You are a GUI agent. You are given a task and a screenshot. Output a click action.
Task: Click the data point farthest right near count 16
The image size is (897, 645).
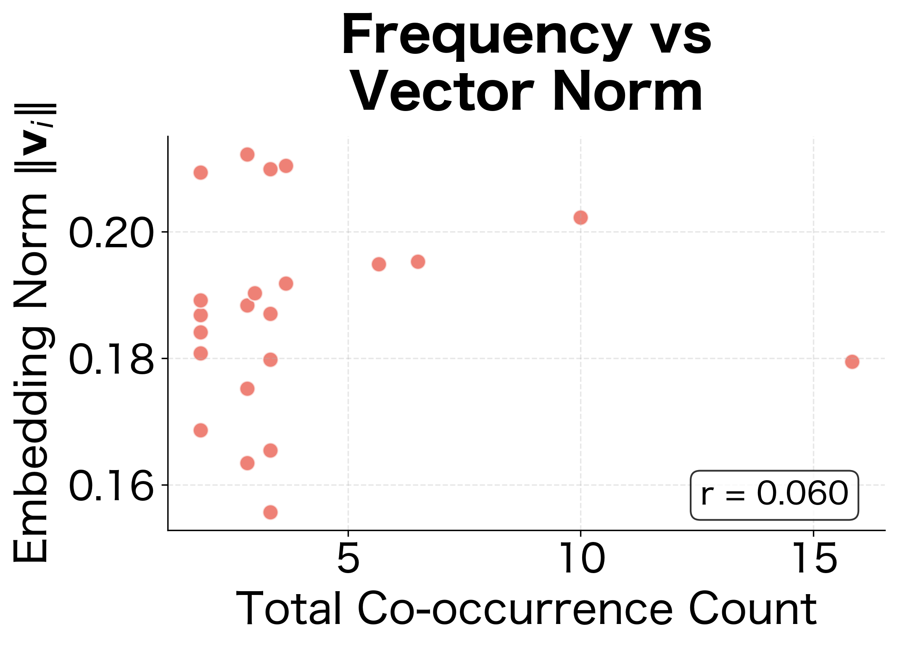[852, 362]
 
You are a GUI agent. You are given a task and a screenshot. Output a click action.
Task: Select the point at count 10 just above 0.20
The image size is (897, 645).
[580, 217]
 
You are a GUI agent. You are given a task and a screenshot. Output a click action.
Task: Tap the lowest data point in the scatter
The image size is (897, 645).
[270, 512]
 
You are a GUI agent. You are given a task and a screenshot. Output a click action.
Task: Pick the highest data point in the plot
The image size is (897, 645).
[247, 154]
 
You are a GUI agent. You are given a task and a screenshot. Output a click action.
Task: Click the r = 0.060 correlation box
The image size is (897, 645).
[774, 495]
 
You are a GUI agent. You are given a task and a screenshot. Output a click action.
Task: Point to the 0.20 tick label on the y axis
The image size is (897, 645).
[111, 233]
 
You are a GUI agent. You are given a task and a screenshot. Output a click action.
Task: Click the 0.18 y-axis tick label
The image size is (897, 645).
[111, 359]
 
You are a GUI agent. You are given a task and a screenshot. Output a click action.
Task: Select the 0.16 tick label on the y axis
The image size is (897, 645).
[111, 486]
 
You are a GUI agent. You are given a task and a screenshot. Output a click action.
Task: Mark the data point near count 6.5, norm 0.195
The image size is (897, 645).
[418, 262]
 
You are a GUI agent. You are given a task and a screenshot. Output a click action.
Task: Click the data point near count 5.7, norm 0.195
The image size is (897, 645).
[379, 264]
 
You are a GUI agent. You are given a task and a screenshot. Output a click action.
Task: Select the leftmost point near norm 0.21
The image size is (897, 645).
[201, 172]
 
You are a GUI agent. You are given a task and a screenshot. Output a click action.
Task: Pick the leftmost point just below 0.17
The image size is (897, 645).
[201, 430]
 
